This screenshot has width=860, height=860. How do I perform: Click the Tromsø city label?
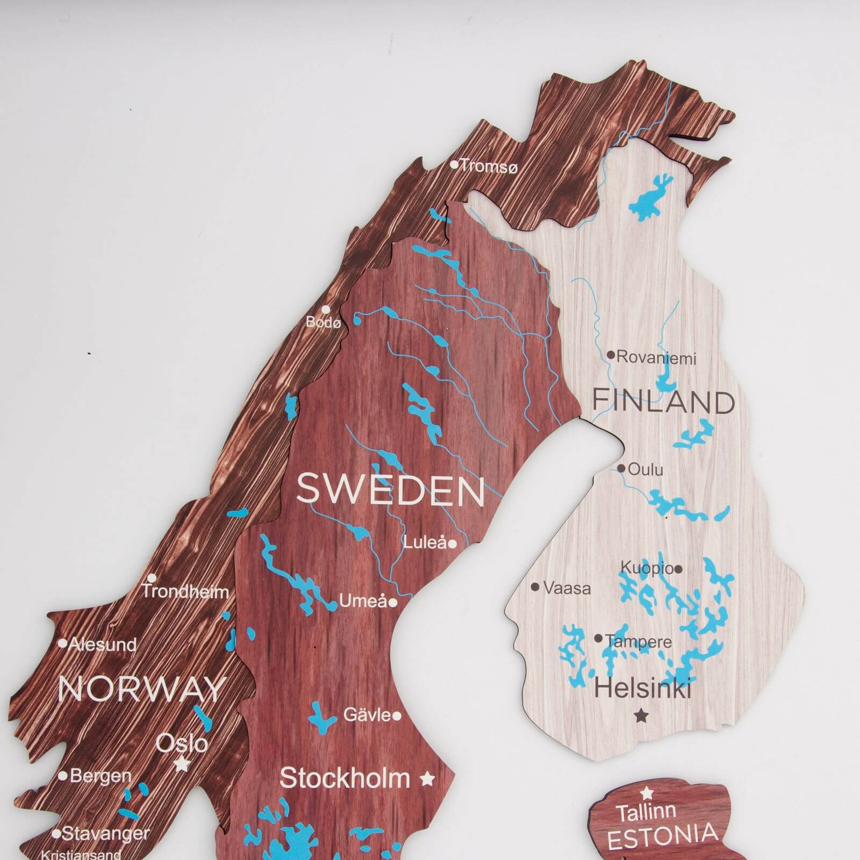[x=489, y=167]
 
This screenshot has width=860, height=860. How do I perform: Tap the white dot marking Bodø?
[x=326, y=310]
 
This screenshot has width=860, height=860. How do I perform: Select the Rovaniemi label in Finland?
[x=656, y=357]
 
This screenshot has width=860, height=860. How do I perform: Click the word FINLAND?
[x=663, y=402]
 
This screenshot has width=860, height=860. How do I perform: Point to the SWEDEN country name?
[x=391, y=489]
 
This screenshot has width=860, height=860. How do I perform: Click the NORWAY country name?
[x=142, y=689]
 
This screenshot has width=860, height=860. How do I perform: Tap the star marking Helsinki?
[x=640, y=715]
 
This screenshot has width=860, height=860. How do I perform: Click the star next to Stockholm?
[x=427, y=778]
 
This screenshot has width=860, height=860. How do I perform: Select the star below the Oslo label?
[x=182, y=764]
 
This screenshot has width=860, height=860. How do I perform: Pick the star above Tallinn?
[x=647, y=792]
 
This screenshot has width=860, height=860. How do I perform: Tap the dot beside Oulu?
[x=621, y=469]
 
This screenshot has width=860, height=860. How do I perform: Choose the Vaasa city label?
[x=567, y=588]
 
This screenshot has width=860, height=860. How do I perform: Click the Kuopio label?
[x=647, y=568]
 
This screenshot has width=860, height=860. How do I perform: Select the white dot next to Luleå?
[x=453, y=544]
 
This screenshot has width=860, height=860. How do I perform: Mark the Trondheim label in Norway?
[x=185, y=592]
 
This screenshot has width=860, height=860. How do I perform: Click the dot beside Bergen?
[x=62, y=776]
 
